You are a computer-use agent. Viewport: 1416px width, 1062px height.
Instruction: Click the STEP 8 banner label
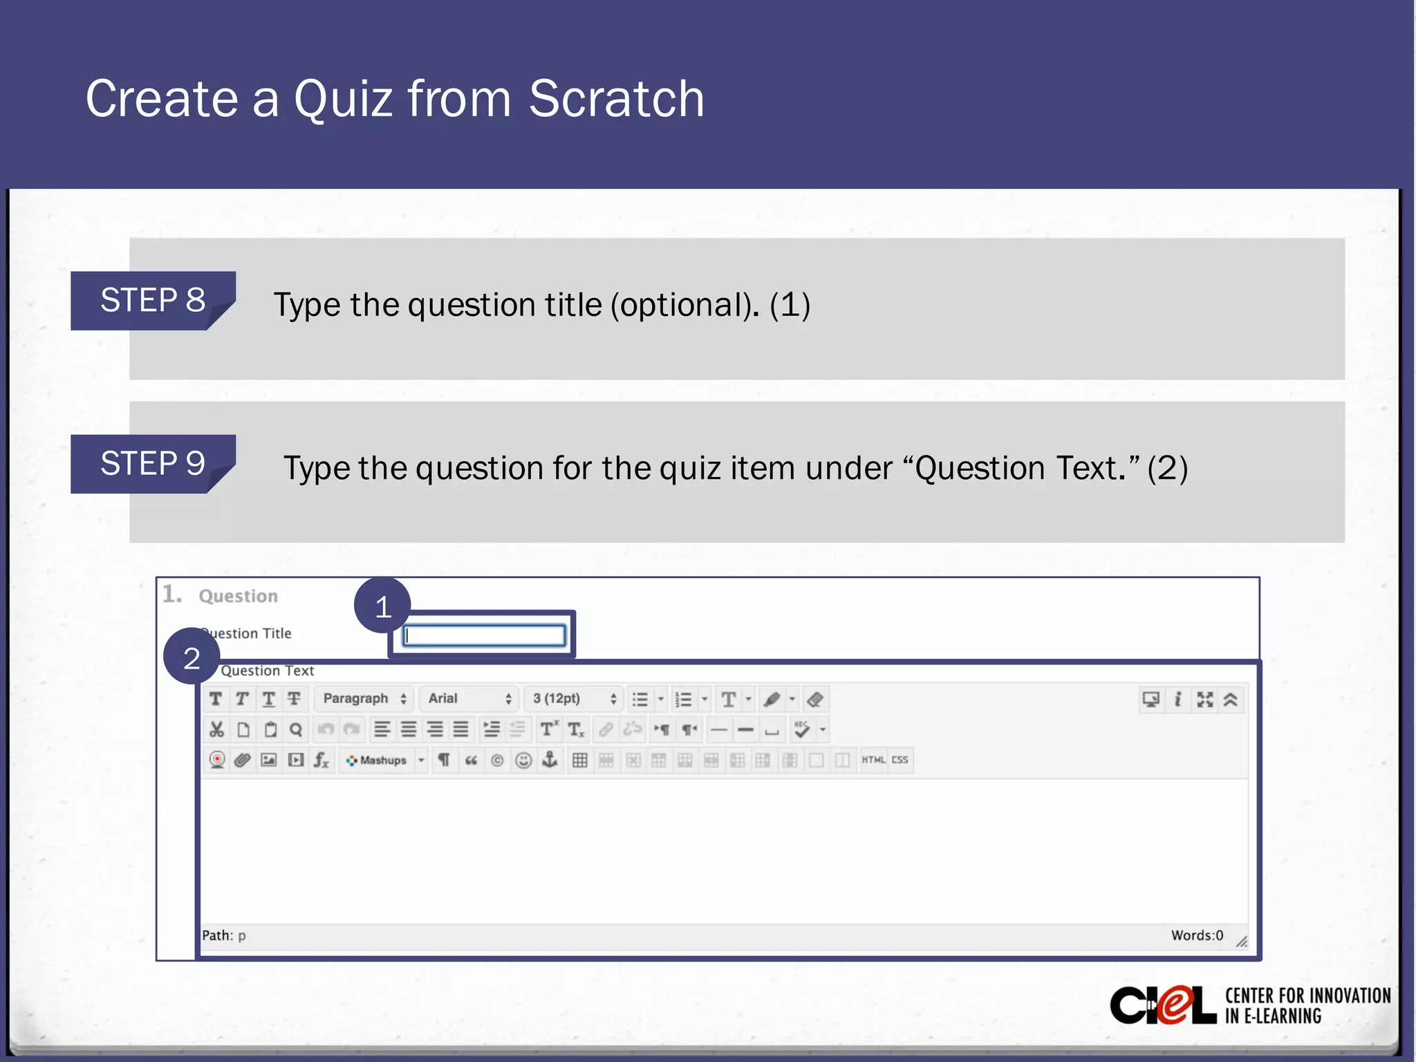pos(153,301)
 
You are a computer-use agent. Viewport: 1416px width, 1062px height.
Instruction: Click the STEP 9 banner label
pos(153,463)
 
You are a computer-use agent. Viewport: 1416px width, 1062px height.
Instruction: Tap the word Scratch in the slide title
pos(616,99)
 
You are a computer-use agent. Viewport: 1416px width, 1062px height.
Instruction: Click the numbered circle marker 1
pos(382,606)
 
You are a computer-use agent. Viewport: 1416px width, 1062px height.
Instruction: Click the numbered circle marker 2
pos(192,657)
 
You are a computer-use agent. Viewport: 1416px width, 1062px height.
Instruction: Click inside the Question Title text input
pos(484,635)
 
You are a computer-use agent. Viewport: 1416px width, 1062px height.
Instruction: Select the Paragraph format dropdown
pos(364,699)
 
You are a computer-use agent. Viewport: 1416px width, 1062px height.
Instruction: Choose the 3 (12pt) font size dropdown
pos(573,699)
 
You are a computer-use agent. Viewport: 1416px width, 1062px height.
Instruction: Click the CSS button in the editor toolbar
pos(900,760)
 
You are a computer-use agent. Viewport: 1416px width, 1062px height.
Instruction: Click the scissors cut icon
pos(216,729)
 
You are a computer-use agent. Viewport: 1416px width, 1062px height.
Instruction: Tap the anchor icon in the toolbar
pos(550,760)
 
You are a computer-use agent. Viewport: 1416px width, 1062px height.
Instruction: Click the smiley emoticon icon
pos(524,761)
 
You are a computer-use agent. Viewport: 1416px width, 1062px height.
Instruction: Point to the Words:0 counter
pos(1197,935)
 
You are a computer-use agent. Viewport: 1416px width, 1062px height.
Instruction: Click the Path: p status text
pos(224,935)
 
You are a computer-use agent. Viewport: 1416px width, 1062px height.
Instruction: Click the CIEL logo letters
pos(1162,1006)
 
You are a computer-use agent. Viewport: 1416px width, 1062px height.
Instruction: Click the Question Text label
pos(268,671)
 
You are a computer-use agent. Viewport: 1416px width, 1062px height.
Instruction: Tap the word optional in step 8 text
pos(684,305)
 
